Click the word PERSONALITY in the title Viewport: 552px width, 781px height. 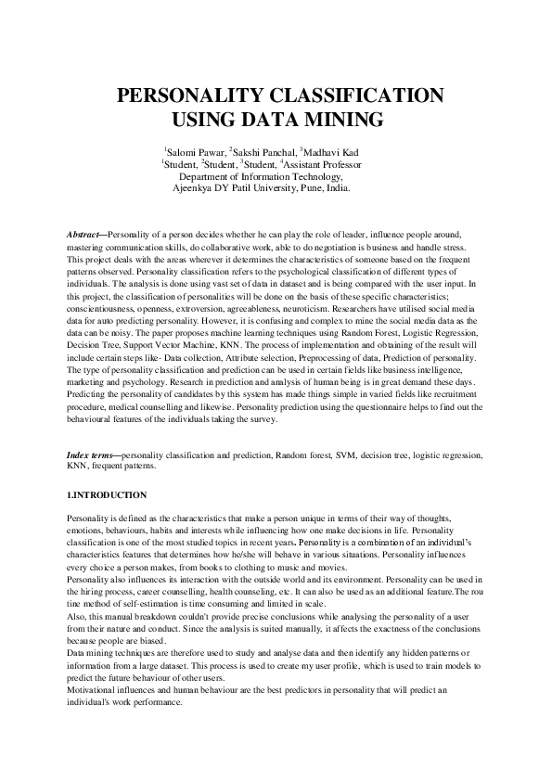point(192,96)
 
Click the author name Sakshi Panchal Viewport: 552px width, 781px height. point(261,151)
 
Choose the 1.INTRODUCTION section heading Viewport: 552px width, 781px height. point(108,495)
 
